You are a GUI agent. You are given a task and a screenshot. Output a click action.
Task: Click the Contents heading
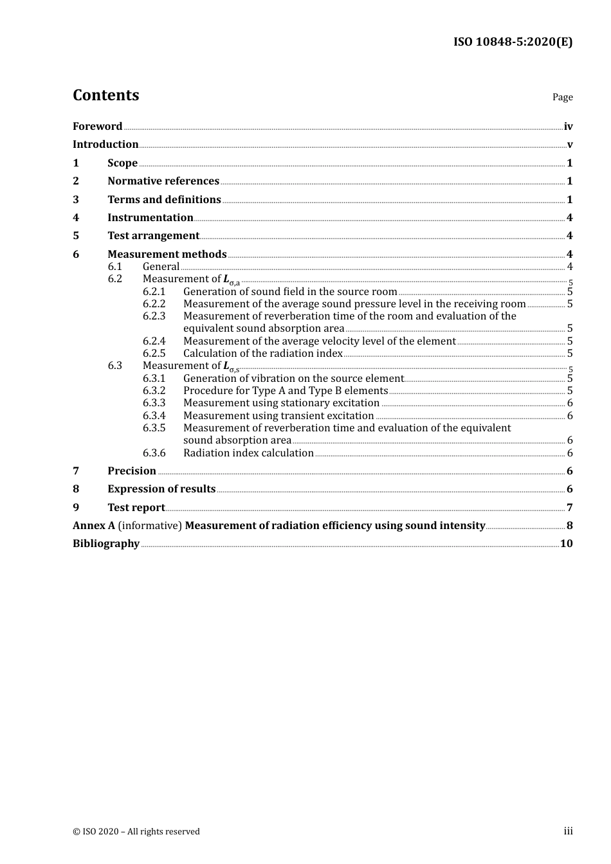click(105, 95)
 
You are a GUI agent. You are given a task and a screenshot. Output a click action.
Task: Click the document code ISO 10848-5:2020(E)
click(513, 42)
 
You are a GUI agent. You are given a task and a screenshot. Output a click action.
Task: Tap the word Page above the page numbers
click(562, 97)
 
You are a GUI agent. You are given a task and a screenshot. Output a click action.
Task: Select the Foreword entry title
click(97, 127)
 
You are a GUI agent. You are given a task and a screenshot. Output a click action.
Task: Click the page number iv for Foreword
click(568, 127)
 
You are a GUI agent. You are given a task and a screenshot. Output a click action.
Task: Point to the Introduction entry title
click(105, 145)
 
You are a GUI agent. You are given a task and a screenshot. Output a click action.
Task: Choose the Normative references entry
click(163, 181)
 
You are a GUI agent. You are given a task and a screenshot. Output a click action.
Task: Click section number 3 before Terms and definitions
click(76, 200)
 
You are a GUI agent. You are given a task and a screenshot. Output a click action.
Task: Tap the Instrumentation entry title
click(150, 218)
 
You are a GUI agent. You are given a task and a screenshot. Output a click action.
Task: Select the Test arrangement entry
click(153, 236)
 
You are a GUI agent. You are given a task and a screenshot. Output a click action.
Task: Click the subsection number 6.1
click(115, 267)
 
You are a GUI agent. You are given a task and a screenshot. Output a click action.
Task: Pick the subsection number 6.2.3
click(154, 316)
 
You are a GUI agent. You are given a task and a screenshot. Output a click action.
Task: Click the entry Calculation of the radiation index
click(262, 354)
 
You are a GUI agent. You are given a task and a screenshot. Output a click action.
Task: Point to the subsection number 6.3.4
click(154, 416)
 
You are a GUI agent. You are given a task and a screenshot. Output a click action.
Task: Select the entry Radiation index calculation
click(248, 453)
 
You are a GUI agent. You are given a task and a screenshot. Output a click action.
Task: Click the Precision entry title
click(132, 471)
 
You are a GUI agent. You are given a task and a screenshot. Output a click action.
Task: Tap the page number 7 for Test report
click(569, 508)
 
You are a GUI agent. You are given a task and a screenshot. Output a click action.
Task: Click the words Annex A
click(94, 526)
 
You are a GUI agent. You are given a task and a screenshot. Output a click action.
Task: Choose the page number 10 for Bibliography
click(566, 544)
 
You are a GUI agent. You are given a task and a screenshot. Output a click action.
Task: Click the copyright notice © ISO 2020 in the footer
click(136, 832)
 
